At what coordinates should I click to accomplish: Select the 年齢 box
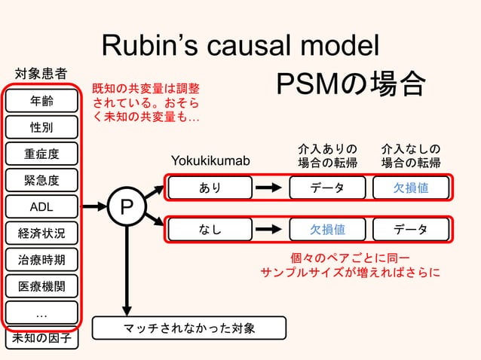[x=41, y=100]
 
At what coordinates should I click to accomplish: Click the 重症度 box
[x=41, y=154]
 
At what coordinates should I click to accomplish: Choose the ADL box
[x=41, y=206]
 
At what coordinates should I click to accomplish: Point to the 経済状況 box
[x=41, y=232]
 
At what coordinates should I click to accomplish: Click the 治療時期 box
[x=41, y=260]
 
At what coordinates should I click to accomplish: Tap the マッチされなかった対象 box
[x=189, y=328]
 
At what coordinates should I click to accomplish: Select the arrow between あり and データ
[x=268, y=188]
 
